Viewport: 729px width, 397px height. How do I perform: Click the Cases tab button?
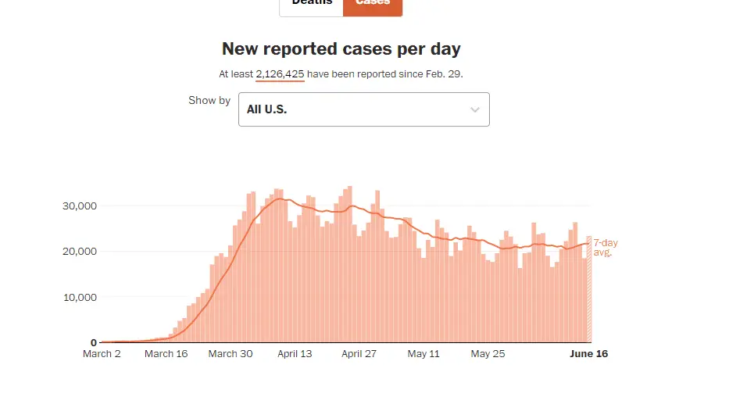373,4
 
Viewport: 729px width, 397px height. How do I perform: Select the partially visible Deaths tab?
312,4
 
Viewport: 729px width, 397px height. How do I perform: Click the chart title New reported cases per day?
341,49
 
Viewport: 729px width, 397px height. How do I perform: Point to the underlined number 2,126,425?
280,74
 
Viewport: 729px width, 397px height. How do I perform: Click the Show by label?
209,101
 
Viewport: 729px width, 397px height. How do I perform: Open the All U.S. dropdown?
363,109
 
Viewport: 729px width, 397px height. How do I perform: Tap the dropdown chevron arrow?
474,110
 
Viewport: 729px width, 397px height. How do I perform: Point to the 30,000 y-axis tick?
78,206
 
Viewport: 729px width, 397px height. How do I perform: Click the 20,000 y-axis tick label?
78,251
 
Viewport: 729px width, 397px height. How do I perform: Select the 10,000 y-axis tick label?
78,297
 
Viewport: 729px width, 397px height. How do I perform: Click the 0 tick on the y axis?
93,342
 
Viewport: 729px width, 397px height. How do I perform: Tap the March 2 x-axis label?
102,354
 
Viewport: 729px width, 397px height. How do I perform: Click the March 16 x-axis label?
166,354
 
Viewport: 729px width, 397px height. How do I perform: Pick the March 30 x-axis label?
231,354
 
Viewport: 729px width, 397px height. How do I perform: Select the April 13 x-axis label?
295,354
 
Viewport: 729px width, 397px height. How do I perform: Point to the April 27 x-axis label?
359,354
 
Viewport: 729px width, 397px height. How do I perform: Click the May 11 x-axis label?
423,354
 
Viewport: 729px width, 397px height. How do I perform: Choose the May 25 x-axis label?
488,354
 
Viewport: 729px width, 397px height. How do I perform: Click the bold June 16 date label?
589,354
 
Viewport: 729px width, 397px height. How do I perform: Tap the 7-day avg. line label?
605,248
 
